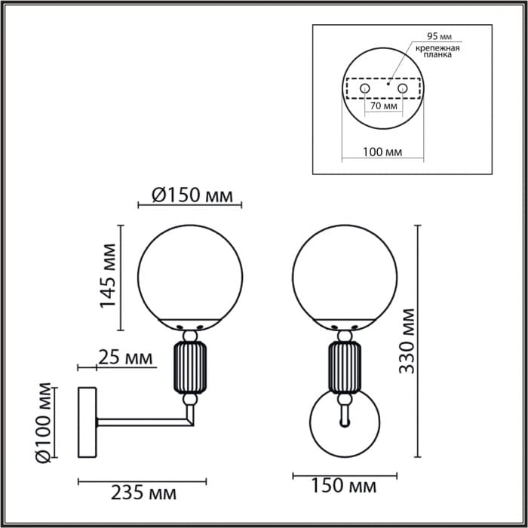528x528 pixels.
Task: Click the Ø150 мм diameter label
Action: click(191, 195)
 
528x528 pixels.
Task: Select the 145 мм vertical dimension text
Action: click(109, 276)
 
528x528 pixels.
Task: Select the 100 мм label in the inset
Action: click(382, 151)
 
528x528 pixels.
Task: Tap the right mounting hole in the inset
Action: click(402, 89)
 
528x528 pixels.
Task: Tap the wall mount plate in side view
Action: click(87, 422)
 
